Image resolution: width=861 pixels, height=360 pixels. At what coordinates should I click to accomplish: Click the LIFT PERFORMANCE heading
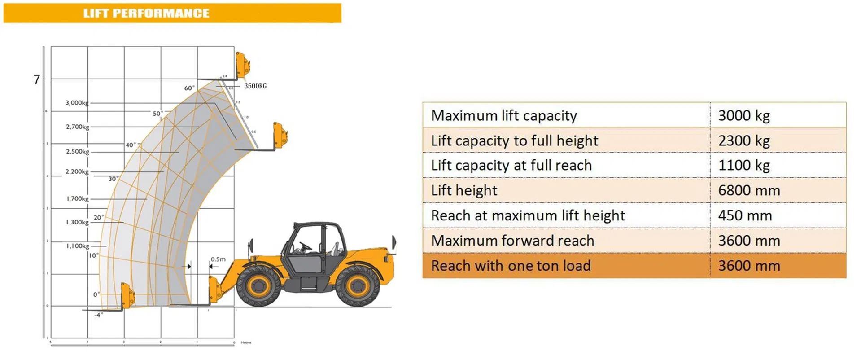(146, 13)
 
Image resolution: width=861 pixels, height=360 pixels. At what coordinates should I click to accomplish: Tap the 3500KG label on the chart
(255, 86)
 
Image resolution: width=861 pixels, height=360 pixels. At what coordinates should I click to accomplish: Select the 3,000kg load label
(77, 103)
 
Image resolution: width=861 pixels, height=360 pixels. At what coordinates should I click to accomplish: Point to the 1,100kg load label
(78, 246)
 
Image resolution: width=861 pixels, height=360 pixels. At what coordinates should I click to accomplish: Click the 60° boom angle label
(189, 88)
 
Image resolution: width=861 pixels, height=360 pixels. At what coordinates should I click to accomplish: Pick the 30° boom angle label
(113, 179)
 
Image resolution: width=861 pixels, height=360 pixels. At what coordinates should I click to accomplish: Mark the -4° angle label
(98, 315)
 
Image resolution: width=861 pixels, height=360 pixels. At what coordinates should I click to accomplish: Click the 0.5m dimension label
(218, 259)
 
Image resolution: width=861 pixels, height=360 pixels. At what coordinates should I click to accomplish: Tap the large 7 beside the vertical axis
(37, 80)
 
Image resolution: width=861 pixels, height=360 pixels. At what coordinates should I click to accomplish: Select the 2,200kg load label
(77, 171)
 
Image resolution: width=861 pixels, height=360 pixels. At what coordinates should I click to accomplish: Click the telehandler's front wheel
(258, 285)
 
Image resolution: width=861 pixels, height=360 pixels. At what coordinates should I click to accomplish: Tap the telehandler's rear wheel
(358, 285)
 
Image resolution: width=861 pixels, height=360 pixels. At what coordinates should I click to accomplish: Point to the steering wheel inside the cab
(305, 246)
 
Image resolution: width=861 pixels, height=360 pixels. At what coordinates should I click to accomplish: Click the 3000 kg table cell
(744, 115)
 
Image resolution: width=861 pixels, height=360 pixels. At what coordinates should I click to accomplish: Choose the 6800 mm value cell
(749, 190)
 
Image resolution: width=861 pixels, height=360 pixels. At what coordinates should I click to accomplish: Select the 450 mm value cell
(745, 215)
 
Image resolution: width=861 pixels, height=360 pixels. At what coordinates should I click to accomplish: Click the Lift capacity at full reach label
(511, 165)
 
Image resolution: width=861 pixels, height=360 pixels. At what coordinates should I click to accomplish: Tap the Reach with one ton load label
(511, 266)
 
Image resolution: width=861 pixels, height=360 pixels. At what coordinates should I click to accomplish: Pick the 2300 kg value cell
(744, 140)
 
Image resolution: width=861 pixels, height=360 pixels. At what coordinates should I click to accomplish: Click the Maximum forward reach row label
(512, 241)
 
